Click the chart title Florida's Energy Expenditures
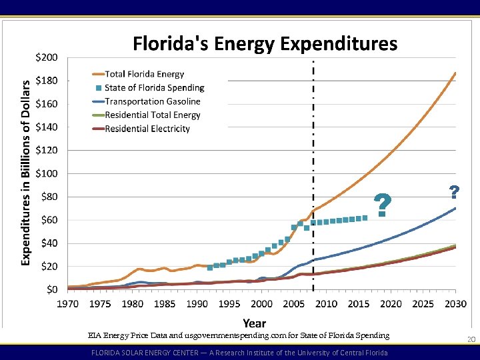coord(265,44)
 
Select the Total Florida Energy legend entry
coord(144,74)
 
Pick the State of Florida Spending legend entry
coord(154,87)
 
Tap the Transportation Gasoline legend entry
coord(152,101)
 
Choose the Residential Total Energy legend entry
coord(152,115)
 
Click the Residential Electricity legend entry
coord(147,129)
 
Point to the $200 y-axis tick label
coord(47,57)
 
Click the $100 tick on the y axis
coord(47,173)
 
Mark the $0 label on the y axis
coord(51,289)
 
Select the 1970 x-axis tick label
coord(67,304)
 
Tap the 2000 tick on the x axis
coord(261,304)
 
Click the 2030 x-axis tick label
coord(455,304)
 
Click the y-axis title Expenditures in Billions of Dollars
coord(26,172)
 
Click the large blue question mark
coord(382,205)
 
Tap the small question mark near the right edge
coord(454,193)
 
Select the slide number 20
coord(471,340)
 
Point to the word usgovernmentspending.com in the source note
coord(267,335)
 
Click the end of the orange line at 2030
coord(455,73)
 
